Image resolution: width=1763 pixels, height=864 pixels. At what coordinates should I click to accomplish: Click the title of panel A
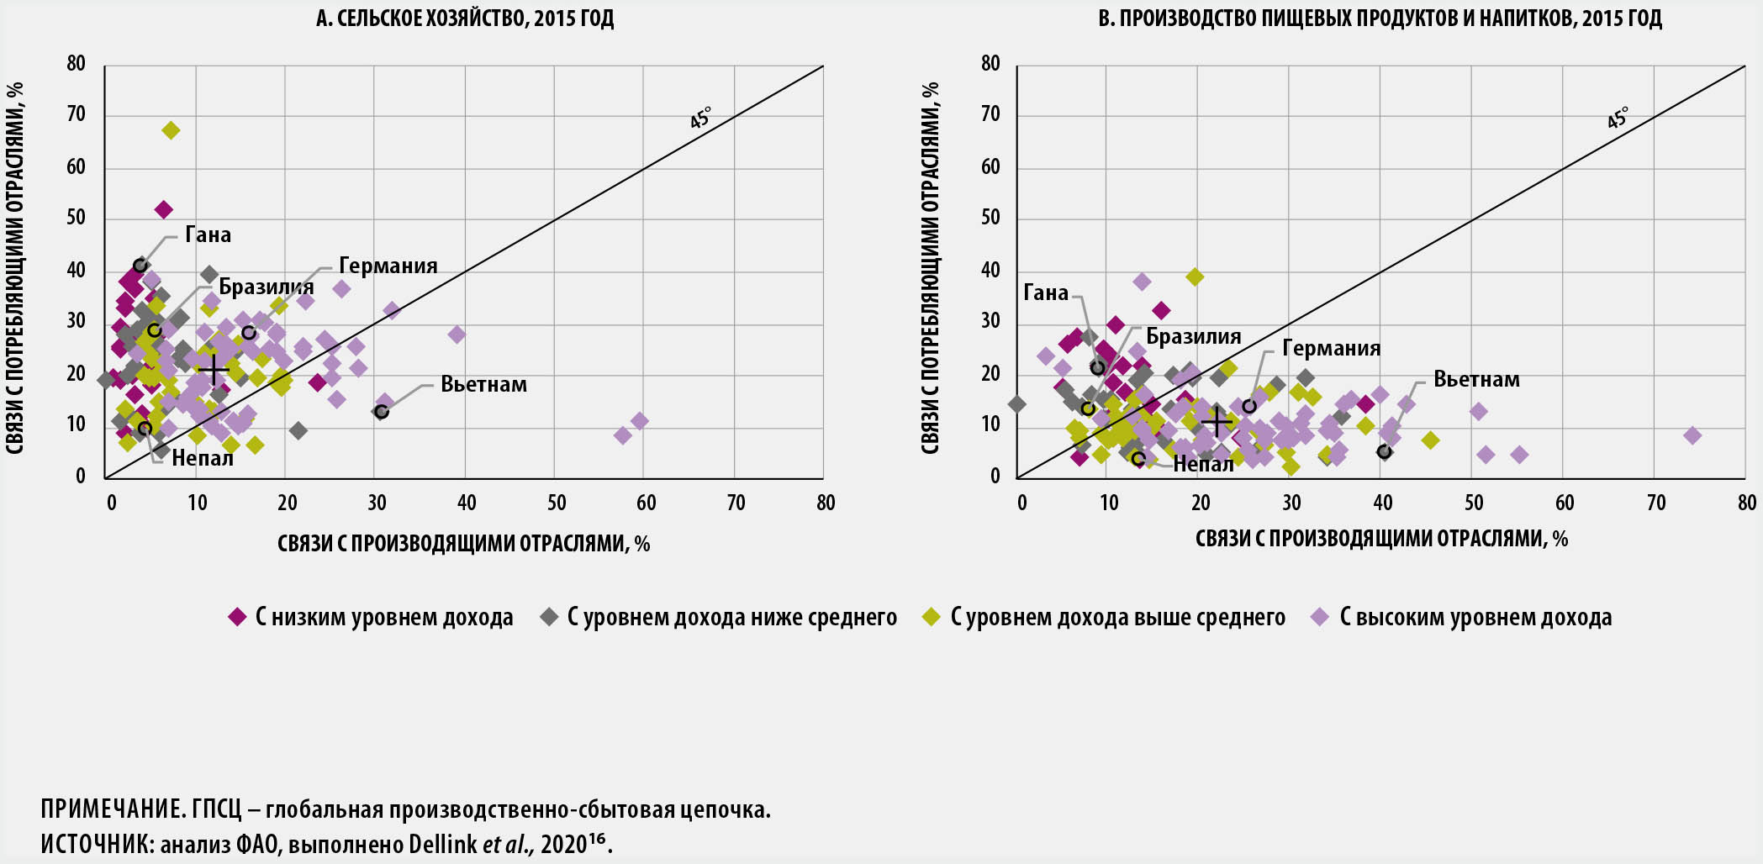pyautogui.click(x=464, y=18)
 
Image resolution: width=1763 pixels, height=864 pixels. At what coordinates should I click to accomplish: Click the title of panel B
pyautogui.click(x=1380, y=18)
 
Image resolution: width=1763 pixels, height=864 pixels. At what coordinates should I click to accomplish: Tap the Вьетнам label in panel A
pyautogui.click(x=483, y=385)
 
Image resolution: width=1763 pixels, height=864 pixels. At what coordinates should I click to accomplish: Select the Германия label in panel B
pyautogui.click(x=1331, y=349)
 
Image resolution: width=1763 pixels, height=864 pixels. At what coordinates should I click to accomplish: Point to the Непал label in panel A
pyautogui.click(x=202, y=459)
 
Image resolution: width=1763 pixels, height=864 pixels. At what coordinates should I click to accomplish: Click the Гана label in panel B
pyautogui.click(x=1045, y=293)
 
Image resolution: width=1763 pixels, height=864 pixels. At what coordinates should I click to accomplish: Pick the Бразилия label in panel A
pyautogui.click(x=266, y=287)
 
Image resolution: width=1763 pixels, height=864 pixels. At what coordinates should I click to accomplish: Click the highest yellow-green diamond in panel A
pyautogui.click(x=171, y=130)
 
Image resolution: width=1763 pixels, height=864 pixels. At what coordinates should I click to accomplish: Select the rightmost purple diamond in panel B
pyautogui.click(x=1692, y=435)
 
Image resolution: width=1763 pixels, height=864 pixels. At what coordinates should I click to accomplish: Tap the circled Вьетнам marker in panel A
pyautogui.click(x=381, y=412)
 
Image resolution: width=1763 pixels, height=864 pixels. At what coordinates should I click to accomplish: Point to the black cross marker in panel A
pyautogui.click(x=214, y=368)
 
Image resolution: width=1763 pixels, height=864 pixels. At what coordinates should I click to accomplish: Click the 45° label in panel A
pyautogui.click(x=700, y=119)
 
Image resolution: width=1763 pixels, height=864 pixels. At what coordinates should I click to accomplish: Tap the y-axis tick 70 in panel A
pyautogui.click(x=77, y=115)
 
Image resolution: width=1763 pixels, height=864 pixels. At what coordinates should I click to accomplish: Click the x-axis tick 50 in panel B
pyautogui.click(x=1473, y=503)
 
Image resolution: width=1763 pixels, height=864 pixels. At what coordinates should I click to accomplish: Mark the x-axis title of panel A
pyautogui.click(x=463, y=544)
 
